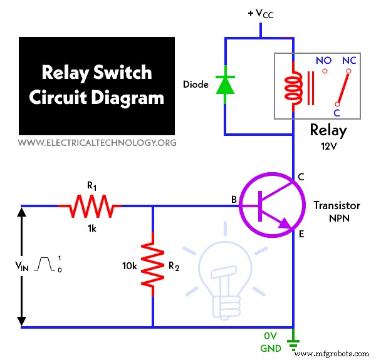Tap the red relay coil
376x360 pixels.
tap(291, 88)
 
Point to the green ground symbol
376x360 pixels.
tap(293, 342)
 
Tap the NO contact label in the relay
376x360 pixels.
tap(324, 61)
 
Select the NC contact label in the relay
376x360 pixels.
tap(349, 61)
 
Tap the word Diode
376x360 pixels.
tap(196, 84)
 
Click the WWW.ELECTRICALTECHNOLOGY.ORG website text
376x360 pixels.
tap(97, 143)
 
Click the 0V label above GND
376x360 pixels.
tap(270, 335)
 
